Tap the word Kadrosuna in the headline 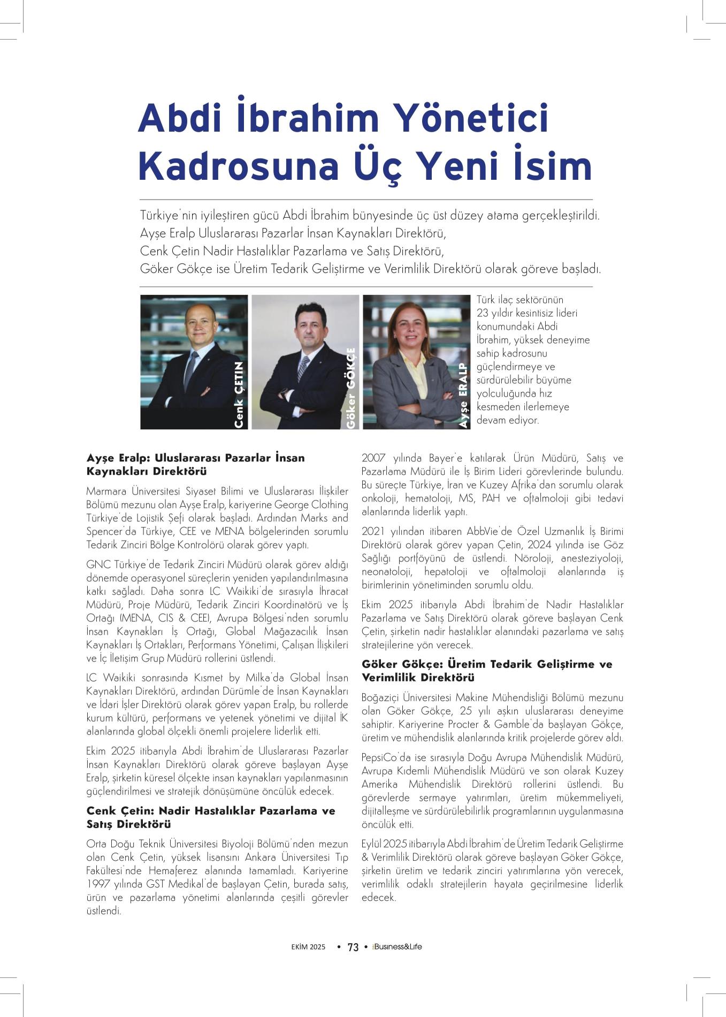(x=239, y=166)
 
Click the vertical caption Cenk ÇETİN (x=239, y=394)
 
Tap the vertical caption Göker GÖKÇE (x=351, y=388)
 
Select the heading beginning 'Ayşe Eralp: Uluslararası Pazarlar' (x=195, y=465)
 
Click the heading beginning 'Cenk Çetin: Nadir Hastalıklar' (x=210, y=817)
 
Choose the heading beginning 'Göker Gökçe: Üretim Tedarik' (x=486, y=670)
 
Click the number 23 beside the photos (x=483, y=313)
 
